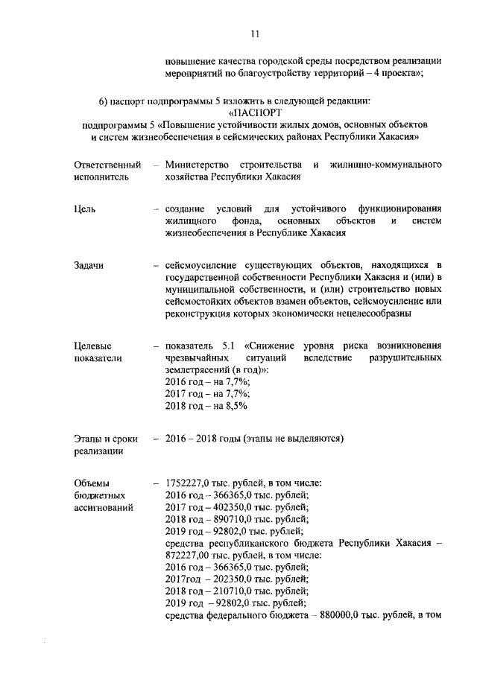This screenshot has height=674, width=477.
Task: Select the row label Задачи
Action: (x=89, y=266)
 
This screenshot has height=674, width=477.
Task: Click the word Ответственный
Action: (x=107, y=164)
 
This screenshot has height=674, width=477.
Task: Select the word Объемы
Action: (x=92, y=483)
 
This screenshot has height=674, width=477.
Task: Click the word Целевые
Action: (x=93, y=346)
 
